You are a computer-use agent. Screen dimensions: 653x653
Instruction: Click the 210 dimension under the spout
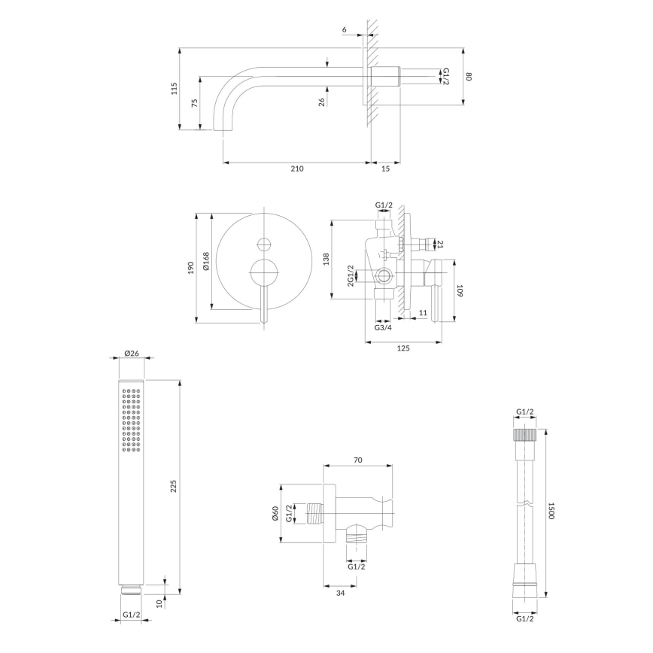point(296,169)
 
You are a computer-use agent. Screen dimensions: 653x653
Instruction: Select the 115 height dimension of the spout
point(174,89)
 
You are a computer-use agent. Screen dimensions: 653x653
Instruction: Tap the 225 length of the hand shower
point(175,487)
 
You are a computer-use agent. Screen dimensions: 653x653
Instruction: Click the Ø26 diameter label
point(131,353)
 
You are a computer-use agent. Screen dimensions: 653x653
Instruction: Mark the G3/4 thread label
point(382,327)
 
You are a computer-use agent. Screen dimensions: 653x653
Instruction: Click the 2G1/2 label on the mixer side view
point(351,276)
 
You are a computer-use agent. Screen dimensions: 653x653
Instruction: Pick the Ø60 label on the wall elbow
point(275,514)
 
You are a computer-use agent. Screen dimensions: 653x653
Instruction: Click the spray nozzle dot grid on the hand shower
point(131,421)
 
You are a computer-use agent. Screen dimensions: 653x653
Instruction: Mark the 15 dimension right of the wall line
point(386,169)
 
